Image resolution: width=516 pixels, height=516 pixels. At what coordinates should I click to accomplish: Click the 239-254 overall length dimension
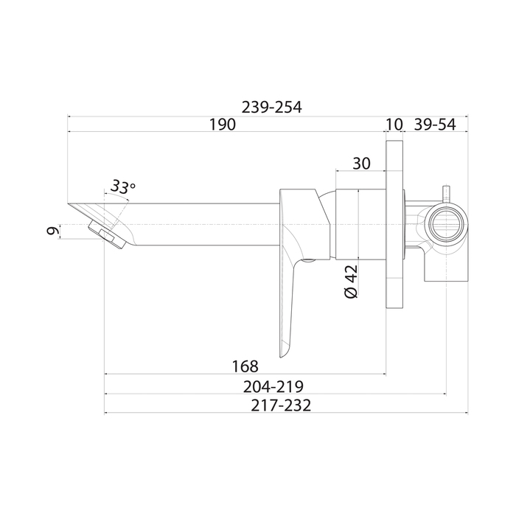coord(271,108)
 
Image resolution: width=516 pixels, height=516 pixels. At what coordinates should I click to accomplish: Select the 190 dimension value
coord(223,125)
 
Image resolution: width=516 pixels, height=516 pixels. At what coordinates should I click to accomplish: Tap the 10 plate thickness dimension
coord(394,125)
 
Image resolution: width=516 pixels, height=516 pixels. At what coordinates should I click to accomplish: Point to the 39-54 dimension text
coord(435,125)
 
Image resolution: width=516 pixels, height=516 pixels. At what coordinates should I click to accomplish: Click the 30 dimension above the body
coord(361,163)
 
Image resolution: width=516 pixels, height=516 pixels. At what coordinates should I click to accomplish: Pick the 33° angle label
coord(122,187)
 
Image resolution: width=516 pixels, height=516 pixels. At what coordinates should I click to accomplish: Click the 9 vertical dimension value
coord(53,231)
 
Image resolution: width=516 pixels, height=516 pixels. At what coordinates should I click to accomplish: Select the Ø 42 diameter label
coord(351,282)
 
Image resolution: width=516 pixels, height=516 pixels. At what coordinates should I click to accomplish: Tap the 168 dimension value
coord(245,366)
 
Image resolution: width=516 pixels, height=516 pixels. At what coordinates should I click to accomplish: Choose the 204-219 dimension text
coord(273,387)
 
